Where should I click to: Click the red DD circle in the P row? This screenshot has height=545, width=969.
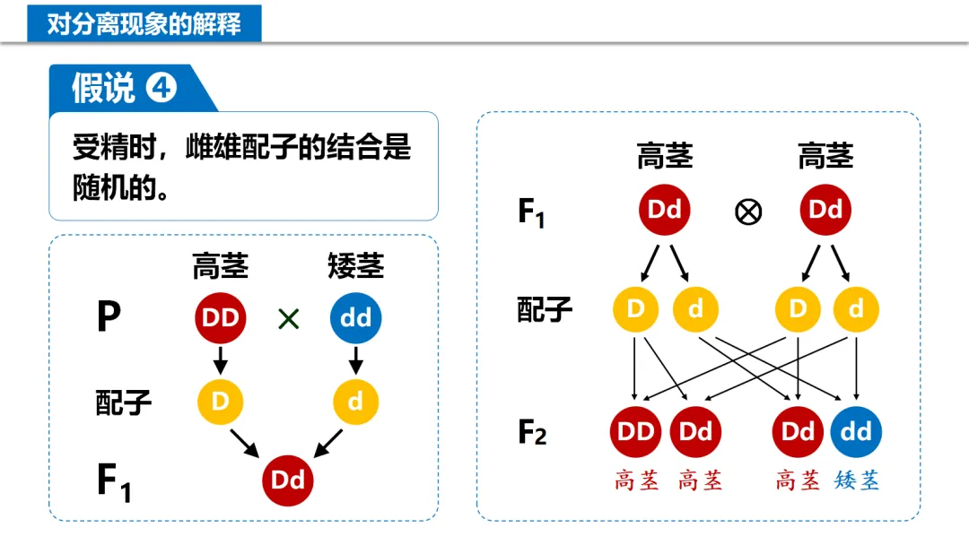point(221,318)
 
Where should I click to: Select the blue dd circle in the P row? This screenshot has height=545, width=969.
point(356,318)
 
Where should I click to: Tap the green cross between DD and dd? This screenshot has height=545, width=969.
point(288,319)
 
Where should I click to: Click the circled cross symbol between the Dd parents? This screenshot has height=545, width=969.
point(748,212)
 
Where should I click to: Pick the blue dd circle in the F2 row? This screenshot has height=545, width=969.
point(856,432)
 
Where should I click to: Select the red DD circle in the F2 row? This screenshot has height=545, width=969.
point(636,432)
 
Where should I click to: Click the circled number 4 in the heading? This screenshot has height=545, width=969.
point(162,88)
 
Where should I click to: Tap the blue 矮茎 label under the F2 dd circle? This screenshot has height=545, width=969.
point(856,480)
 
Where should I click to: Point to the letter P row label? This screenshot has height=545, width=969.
point(109,318)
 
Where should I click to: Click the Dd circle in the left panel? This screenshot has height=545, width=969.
point(288,480)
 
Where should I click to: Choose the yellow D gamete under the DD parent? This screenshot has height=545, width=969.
point(221,401)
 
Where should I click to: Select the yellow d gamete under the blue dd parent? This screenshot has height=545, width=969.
point(356,401)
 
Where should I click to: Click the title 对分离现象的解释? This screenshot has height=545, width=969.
point(144,22)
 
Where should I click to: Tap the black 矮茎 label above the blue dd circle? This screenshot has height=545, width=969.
point(356,266)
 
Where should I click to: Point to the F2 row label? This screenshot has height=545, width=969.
point(532,433)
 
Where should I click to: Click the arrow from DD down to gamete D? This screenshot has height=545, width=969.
point(221,360)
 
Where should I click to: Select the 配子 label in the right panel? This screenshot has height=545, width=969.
point(545,310)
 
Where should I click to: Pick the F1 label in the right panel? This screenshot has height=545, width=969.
point(531,212)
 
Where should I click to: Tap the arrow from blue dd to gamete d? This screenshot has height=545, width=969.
point(356,360)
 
